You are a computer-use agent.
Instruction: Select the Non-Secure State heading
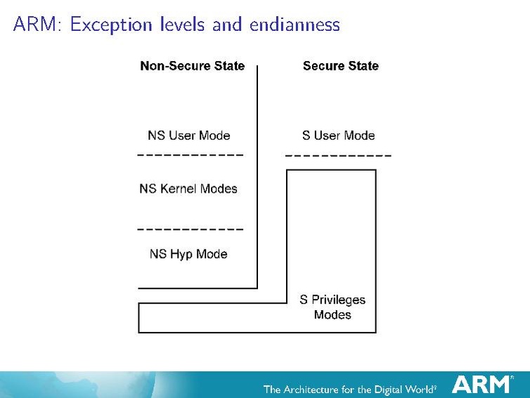tap(193, 66)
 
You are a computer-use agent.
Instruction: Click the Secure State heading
tap(340, 66)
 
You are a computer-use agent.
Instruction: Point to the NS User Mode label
tap(189, 135)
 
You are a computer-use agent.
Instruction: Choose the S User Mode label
tap(338, 135)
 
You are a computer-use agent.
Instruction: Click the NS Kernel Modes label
tap(188, 188)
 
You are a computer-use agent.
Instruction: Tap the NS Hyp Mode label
tap(188, 254)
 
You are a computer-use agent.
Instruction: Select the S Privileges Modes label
tap(332, 307)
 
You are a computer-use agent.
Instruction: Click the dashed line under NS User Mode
tap(190, 154)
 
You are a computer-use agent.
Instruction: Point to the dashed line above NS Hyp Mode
tap(190, 229)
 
